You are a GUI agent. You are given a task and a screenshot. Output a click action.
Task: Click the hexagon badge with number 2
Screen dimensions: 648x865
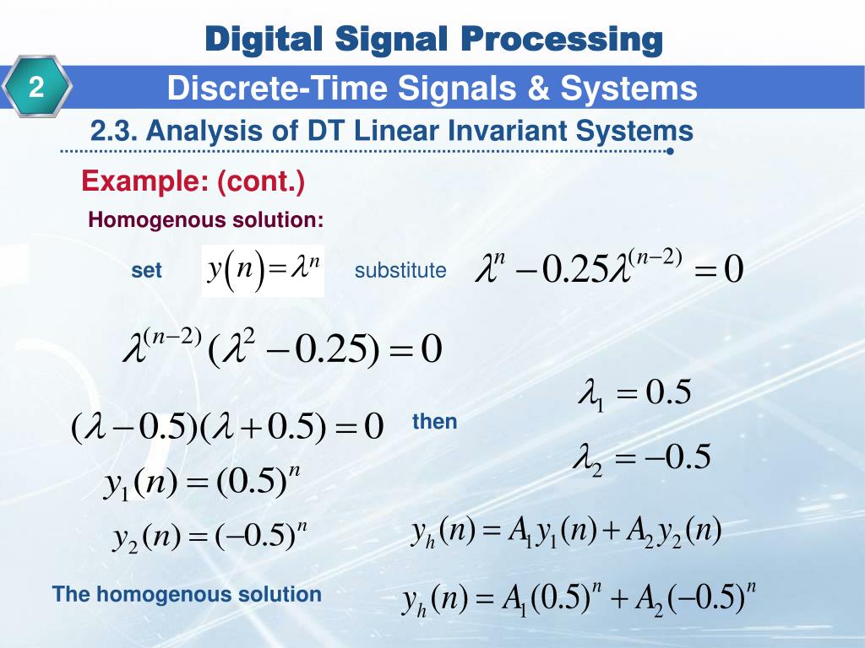[x=38, y=88]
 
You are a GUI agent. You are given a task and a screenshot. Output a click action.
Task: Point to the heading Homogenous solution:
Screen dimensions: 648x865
[x=206, y=220]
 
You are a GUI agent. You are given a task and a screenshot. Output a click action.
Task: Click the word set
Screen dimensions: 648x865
[x=146, y=271]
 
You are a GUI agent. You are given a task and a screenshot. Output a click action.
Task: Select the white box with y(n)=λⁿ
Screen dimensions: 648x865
[x=263, y=271]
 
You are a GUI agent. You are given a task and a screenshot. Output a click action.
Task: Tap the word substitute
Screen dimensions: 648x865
[x=400, y=271]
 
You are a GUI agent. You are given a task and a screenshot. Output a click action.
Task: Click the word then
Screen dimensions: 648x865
[x=434, y=422]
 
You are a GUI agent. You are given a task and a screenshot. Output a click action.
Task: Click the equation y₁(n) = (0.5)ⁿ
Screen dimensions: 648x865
[x=203, y=484]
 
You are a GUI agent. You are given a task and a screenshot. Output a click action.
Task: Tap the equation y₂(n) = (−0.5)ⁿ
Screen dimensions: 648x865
[x=209, y=537]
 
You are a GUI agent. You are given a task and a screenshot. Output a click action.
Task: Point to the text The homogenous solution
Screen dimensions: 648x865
[x=187, y=594]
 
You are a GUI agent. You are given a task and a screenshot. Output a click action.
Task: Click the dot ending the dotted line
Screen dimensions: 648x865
[x=669, y=152]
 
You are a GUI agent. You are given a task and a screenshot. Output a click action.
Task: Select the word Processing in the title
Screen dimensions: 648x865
[x=562, y=39]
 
